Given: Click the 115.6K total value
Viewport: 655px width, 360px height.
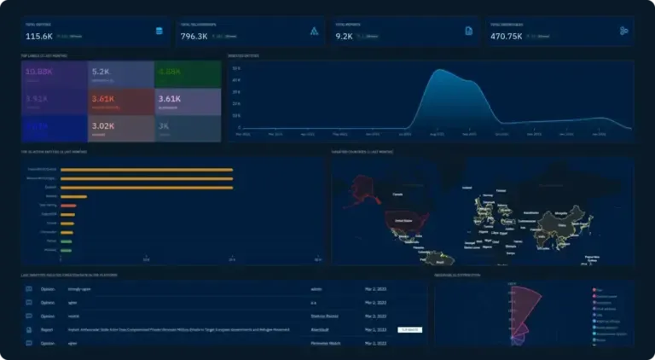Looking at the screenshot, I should point(39,36).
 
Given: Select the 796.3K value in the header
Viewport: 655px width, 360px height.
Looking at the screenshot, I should point(194,36).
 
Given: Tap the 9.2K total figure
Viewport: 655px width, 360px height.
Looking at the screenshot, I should point(344,36).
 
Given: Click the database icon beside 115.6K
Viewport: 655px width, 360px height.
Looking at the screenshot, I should point(158,32).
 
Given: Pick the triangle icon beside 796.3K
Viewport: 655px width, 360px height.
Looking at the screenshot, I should point(314,32).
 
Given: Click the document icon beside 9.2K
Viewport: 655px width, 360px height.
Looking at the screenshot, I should point(468,32).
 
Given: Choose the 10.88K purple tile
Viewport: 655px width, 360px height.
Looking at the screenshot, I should point(55,73).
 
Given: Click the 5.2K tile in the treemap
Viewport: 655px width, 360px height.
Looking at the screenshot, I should point(120,73).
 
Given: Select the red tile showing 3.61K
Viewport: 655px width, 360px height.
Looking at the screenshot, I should point(120,101).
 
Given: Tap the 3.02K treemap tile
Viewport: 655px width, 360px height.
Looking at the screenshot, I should point(120,128).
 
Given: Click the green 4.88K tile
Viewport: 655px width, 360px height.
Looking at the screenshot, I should point(187,73).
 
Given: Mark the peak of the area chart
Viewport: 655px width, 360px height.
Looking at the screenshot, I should point(440,70).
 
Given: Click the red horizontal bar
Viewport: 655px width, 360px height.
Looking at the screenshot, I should point(68,206).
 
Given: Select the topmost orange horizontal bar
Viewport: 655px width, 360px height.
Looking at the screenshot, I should point(146,170).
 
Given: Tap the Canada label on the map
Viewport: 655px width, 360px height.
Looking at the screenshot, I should point(397,195).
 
